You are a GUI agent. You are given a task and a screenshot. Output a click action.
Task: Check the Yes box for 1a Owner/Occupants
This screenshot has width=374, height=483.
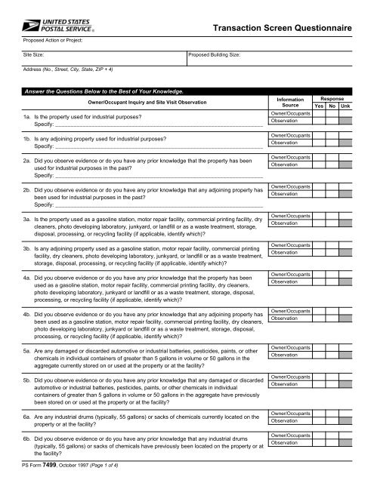pos(319,114)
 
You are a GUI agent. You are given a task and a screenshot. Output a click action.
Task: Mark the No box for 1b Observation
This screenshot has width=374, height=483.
pos(332,142)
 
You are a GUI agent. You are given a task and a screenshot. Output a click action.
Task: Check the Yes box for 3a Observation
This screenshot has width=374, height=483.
pos(319,202)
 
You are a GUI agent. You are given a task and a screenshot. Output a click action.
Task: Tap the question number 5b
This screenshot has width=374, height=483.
pos(26,376)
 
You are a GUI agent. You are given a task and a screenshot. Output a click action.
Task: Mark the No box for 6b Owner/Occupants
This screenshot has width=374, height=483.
pos(332,435)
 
